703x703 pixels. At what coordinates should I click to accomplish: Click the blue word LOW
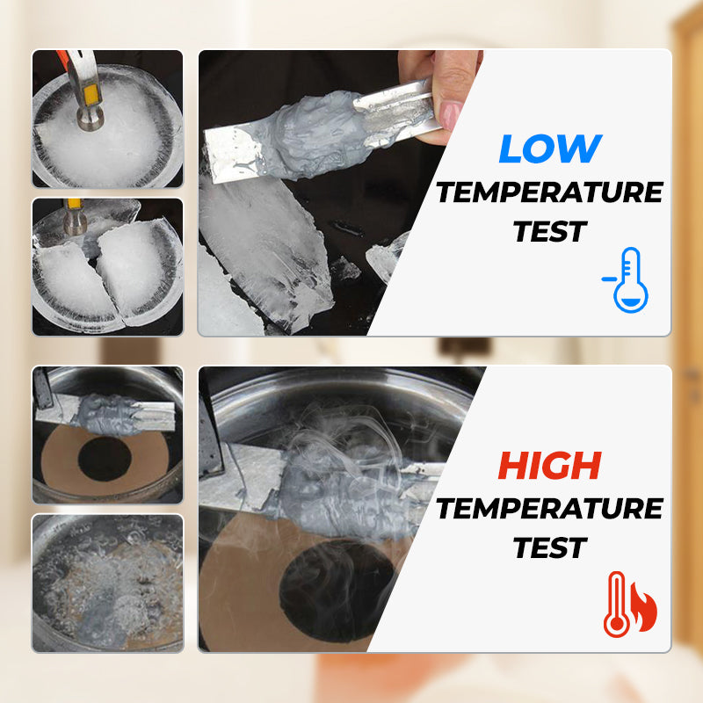pyautogui.click(x=550, y=149)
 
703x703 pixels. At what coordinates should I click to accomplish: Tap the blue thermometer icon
pyautogui.click(x=628, y=280)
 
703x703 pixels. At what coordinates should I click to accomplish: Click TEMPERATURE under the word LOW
pyautogui.click(x=549, y=192)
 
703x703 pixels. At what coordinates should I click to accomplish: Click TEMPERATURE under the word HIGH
pyautogui.click(x=549, y=507)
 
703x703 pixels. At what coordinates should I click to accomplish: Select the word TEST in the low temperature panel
pyautogui.click(x=549, y=231)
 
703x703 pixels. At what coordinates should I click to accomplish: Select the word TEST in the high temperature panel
pyautogui.click(x=549, y=547)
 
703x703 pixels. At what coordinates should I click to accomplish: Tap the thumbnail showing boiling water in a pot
pyautogui.click(x=107, y=582)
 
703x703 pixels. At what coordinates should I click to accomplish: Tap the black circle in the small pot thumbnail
pyautogui.click(x=105, y=458)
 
